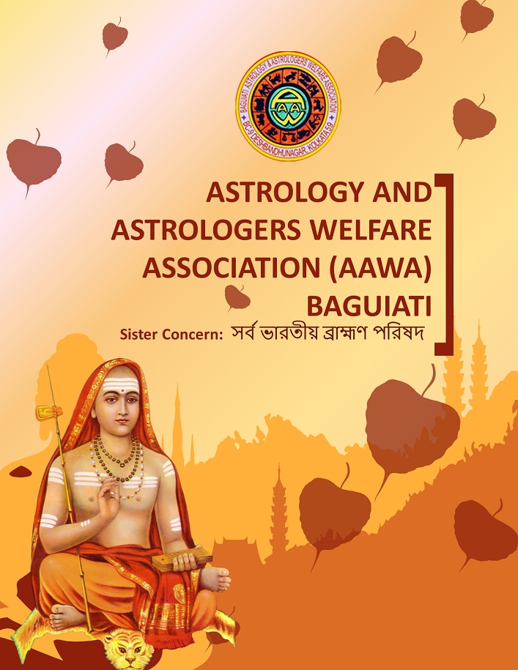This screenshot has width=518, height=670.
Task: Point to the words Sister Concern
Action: pos(171,335)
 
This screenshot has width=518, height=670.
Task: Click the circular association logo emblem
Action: pos(288,106)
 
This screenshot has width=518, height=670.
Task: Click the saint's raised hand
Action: pos(107,498)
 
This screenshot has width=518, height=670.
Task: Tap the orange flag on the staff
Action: pos(48,413)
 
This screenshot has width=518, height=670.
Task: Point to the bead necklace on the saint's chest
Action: pos(116,459)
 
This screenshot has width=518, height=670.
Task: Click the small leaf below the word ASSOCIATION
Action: pos(237,297)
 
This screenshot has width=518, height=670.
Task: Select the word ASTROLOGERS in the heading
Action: pos(206,230)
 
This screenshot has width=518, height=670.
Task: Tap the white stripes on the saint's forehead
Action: pos(120,383)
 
